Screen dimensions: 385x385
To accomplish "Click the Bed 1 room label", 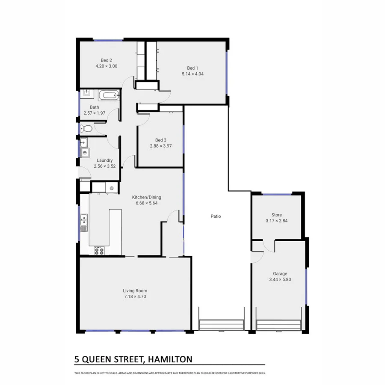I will click(192, 68).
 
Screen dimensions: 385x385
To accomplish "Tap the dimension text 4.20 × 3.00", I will click(106, 66).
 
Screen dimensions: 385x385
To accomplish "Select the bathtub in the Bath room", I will click(108, 95).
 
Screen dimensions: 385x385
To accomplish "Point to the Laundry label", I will click(104, 160).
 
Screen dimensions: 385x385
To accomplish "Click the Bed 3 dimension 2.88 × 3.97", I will click(160, 146).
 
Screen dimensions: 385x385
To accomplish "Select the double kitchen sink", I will click(84, 220).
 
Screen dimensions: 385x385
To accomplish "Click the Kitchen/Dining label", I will click(146, 197).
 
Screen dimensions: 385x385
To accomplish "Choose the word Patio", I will click(216, 216).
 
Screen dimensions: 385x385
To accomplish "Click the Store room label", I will click(276, 215).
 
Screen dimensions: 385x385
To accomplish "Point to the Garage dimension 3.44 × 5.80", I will click(280, 280).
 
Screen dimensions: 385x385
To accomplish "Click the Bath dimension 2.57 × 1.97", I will click(95, 113).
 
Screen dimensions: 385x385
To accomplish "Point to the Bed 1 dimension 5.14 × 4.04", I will click(192, 74).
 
